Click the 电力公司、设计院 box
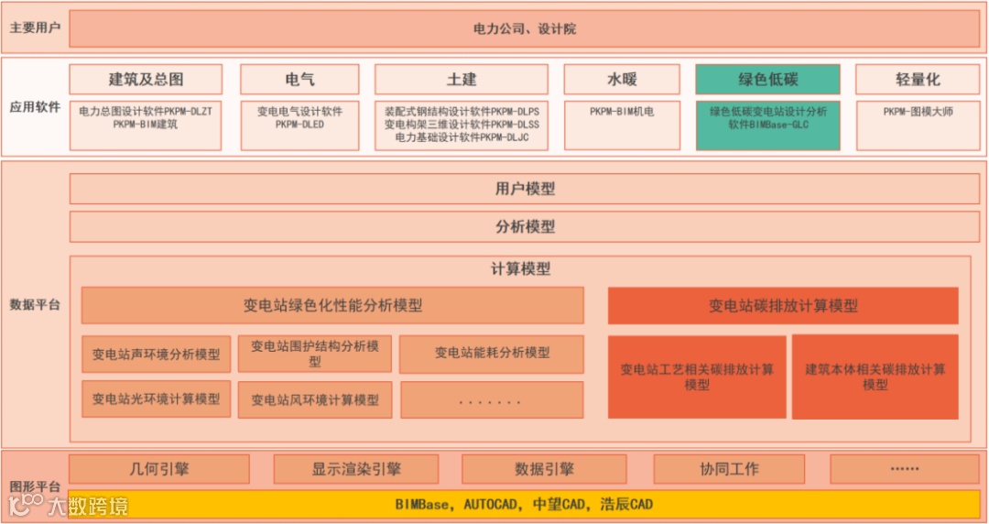524,28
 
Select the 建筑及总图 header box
146,80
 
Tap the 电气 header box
299,80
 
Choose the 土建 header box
461,80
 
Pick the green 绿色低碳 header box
767,80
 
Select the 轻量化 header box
917,80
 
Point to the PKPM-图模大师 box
917,125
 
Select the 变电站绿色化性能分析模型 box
332,306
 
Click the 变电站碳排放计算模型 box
783,306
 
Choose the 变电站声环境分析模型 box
156,354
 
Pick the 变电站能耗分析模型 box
492,353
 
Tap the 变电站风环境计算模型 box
315,399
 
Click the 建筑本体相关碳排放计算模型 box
875,377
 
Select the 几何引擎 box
159,469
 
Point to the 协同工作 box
729,469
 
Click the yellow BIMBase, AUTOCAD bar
524,504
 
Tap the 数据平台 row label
35,304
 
